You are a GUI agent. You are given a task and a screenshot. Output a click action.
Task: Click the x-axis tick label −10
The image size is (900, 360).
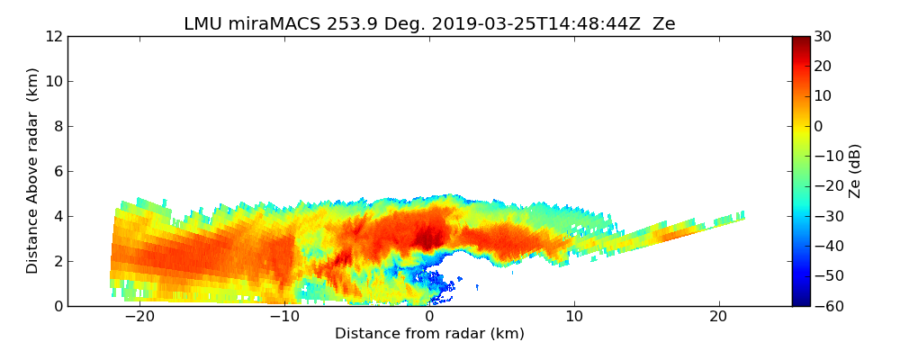pos(284,317)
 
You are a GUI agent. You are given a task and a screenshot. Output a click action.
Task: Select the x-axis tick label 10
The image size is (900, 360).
pos(574,317)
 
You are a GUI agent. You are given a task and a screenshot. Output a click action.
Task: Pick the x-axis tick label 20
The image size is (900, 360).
pos(718,317)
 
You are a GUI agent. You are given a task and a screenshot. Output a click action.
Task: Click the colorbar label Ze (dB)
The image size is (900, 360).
pos(854,171)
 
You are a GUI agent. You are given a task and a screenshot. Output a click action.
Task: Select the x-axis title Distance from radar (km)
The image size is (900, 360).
pos(429,334)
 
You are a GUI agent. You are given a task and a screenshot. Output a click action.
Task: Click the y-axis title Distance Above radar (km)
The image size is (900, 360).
pos(33,171)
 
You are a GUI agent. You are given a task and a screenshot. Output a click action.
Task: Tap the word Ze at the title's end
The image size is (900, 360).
pos(664,24)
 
